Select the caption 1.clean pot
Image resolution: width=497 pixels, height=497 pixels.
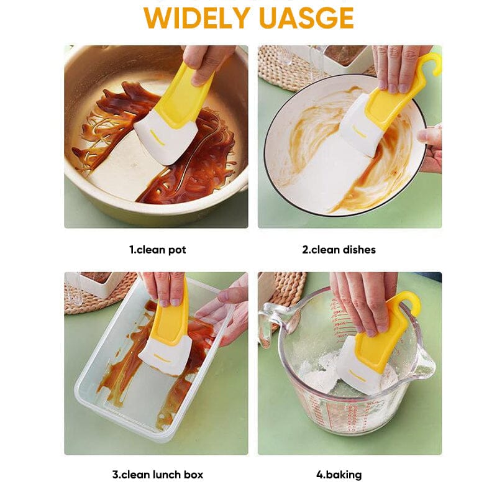pos(157,250)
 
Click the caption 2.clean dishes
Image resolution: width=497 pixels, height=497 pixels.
pos(339,250)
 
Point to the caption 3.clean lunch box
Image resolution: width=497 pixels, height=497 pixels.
pos(157,475)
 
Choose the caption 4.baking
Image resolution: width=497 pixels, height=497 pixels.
pos(339,475)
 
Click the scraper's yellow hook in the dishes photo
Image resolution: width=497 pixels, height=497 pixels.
pos(429,65)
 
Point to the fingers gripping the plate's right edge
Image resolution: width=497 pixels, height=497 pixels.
pos(431,146)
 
